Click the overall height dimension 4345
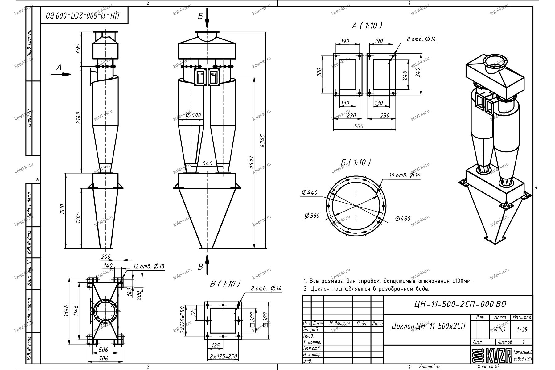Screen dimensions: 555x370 (263, 142)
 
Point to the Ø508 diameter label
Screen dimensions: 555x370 (194, 115)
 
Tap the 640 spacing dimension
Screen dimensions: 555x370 (208, 163)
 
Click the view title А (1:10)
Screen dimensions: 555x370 (367, 26)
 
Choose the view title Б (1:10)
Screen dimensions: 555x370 (356, 162)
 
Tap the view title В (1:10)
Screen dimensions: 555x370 (224, 284)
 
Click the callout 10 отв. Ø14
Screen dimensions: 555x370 (405, 175)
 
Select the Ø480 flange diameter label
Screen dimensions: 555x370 (403, 219)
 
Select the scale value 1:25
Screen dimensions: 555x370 (522, 330)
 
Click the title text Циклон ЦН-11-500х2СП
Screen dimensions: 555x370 (428, 326)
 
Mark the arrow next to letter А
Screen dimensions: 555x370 (64, 74)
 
